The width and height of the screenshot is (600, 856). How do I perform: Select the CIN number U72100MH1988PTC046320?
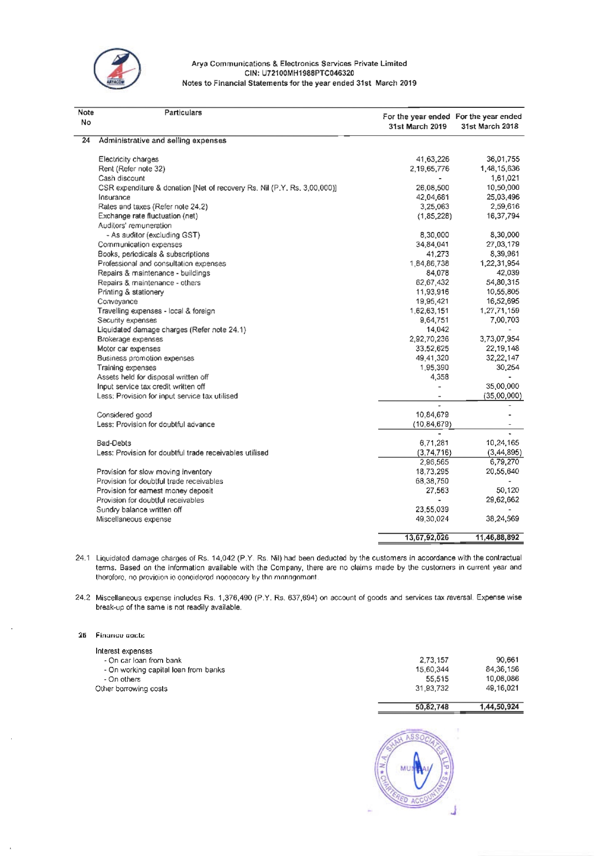(x=299, y=73)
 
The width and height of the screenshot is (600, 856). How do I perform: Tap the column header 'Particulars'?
(x=183, y=113)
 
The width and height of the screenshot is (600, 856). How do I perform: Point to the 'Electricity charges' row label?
(x=128, y=159)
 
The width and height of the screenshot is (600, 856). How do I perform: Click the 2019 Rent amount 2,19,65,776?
(x=430, y=169)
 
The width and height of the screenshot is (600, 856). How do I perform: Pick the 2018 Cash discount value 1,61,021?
(x=505, y=178)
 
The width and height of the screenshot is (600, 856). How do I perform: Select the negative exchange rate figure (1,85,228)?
(x=434, y=216)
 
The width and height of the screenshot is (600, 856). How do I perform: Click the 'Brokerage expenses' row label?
(x=130, y=339)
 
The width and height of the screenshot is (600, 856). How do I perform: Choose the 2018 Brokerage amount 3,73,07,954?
(x=500, y=339)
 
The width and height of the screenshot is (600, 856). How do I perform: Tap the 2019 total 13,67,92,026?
(x=427, y=537)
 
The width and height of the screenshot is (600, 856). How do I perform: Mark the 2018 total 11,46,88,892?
(x=497, y=537)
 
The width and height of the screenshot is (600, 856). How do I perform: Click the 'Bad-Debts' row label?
(x=114, y=443)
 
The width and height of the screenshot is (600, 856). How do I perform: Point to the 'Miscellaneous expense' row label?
(x=133, y=520)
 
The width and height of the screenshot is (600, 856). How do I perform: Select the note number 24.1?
(x=83, y=558)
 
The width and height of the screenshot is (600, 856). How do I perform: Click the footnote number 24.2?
(x=83, y=598)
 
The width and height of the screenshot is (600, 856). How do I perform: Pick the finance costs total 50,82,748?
(x=432, y=707)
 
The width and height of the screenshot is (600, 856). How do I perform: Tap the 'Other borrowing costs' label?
(x=131, y=689)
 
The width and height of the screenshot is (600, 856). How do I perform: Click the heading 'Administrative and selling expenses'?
(x=162, y=141)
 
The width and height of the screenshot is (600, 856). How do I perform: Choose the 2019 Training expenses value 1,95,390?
(x=434, y=368)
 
